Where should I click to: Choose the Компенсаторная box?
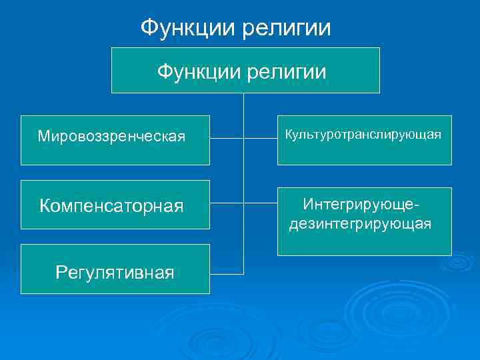coord(115,204)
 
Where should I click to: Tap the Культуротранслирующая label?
coord(363,135)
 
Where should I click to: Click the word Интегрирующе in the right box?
coord(358,203)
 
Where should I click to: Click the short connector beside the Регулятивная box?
coord(227,273)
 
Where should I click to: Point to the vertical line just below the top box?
coord(244,103)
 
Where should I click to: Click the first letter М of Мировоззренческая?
coord(43,137)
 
